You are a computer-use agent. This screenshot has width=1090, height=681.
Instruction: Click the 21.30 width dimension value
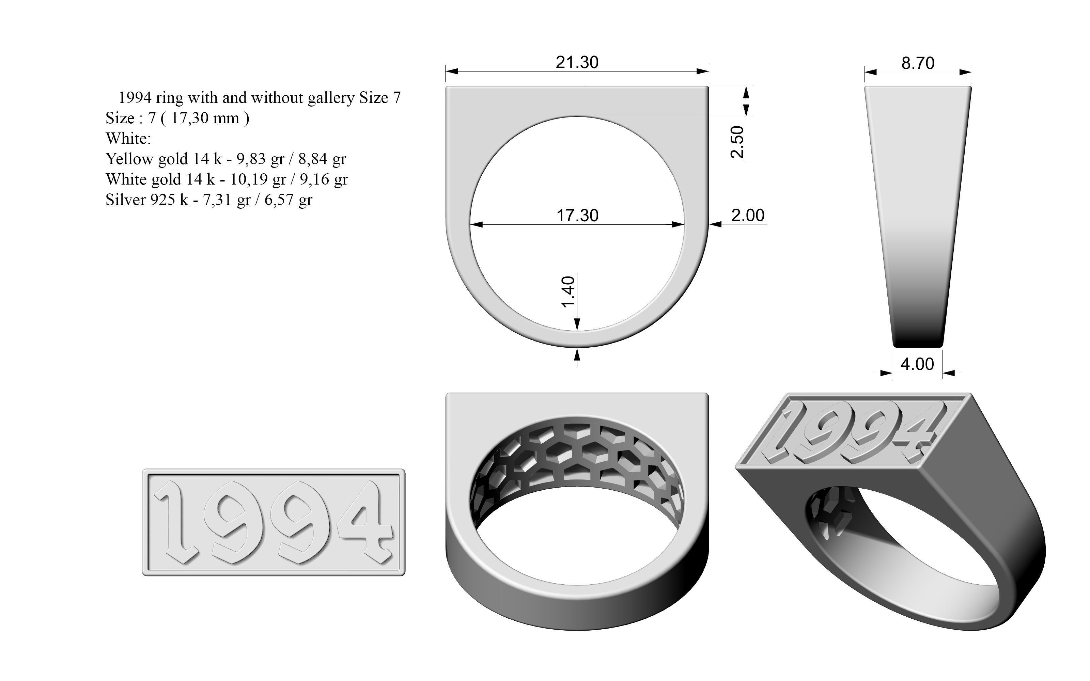[x=577, y=62]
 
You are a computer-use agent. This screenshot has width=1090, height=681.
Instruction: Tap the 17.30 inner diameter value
[x=577, y=215]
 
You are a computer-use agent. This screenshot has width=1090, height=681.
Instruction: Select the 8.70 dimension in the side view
[x=918, y=63]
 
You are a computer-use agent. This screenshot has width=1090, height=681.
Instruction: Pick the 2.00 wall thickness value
[x=748, y=215]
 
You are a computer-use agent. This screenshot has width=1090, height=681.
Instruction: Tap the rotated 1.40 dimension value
[x=569, y=291]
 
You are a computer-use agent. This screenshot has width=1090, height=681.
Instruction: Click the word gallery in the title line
[x=331, y=98]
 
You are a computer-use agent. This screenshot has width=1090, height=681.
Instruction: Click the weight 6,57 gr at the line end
[x=288, y=200]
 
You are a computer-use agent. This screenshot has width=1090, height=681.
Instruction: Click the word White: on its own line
[x=128, y=139]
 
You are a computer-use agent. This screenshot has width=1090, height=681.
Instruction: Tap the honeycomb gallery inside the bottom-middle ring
[x=577, y=455]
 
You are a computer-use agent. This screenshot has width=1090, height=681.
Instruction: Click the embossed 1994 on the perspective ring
[x=851, y=432]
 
